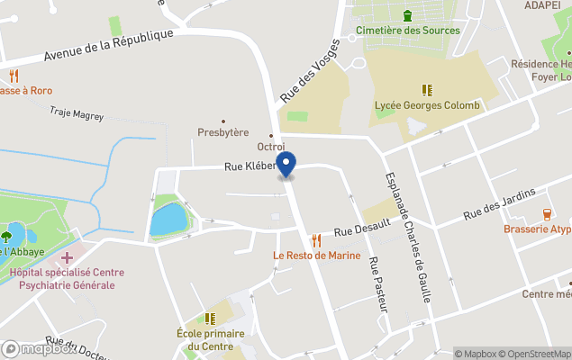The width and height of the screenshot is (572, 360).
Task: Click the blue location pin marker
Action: click(x=286, y=165)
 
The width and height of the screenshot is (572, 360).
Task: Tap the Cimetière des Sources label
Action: click(x=408, y=30)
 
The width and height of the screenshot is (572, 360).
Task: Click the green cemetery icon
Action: click(x=408, y=14)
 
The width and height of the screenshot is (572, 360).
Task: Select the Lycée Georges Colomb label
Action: click(x=427, y=105)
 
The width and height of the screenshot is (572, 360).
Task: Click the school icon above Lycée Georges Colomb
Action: click(x=427, y=90)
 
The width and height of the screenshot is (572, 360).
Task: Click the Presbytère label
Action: click(x=223, y=132)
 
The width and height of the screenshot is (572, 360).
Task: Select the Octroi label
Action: click(x=271, y=147)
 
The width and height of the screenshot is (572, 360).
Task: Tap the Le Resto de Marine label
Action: click(x=317, y=256)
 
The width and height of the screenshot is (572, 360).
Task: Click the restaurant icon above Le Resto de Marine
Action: click(x=316, y=240)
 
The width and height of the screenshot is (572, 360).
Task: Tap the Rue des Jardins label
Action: click(x=499, y=203)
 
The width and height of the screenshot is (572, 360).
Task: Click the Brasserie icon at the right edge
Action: click(x=548, y=214)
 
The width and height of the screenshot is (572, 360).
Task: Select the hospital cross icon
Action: click(x=68, y=258)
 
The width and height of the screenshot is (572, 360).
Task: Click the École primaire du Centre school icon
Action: click(x=211, y=319)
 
